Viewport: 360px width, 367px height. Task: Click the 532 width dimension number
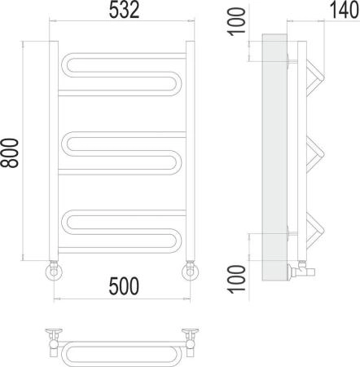point(124,10)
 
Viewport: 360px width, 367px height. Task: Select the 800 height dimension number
point(10,153)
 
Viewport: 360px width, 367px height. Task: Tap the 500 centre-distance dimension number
point(124,286)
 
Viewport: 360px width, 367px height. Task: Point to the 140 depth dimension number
point(345,10)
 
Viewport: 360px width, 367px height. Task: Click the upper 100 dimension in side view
point(237,22)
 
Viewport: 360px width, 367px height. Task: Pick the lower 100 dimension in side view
point(237,279)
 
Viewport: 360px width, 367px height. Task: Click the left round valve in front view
point(54,270)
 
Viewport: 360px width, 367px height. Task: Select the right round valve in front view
point(190,270)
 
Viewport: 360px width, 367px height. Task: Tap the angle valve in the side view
point(301,269)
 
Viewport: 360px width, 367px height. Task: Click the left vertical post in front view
point(54,151)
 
